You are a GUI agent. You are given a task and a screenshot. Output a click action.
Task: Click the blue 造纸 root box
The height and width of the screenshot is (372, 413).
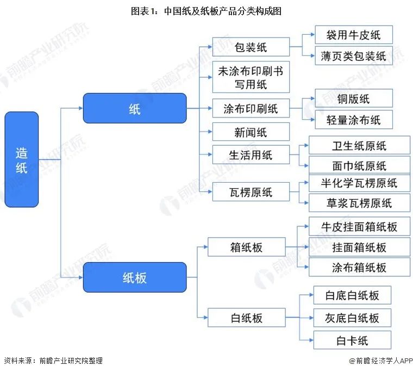pyautogui.click(x=22, y=159)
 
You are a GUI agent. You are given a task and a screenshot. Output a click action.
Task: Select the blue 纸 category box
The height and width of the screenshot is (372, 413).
pyautogui.click(x=134, y=108)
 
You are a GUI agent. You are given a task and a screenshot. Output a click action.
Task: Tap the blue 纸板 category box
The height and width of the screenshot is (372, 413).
pyautogui.click(x=134, y=277)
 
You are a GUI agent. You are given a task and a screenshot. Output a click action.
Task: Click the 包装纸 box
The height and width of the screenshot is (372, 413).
pyautogui.click(x=251, y=47)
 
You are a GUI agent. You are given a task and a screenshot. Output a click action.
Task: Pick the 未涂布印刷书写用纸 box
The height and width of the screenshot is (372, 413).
pyautogui.click(x=251, y=77)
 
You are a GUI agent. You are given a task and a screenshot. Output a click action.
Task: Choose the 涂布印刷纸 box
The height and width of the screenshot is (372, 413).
pyautogui.click(x=251, y=108)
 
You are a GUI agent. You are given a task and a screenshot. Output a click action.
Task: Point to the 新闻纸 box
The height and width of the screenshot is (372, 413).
pyautogui.click(x=251, y=132)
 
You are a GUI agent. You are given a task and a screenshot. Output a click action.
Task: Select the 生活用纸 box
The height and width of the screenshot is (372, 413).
pyautogui.click(x=251, y=156)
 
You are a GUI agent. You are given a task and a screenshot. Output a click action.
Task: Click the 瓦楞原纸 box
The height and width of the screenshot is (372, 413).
pyautogui.click(x=251, y=192)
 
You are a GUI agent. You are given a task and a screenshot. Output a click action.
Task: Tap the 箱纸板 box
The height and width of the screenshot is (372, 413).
pyautogui.click(x=246, y=248)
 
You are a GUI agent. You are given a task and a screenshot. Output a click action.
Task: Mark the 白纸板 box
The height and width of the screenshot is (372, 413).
pyautogui.click(x=246, y=317)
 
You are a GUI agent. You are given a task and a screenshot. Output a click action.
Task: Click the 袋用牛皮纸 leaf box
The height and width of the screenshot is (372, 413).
pyautogui.click(x=353, y=35)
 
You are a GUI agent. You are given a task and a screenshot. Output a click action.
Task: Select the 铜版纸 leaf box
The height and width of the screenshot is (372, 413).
pyautogui.click(x=353, y=99)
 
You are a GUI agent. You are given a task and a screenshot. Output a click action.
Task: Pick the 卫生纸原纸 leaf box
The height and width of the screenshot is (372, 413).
pyautogui.click(x=359, y=146)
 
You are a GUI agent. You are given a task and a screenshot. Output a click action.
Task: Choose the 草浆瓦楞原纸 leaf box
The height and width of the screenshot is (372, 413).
pyautogui.click(x=359, y=203)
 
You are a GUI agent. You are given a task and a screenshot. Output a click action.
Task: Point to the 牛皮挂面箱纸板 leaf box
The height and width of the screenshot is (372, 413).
pyautogui.click(x=359, y=227)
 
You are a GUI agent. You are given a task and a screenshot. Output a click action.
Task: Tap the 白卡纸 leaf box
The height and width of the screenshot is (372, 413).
pyautogui.click(x=352, y=341)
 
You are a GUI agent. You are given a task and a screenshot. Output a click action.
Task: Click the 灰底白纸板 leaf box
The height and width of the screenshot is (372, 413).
pyautogui.click(x=352, y=318)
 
